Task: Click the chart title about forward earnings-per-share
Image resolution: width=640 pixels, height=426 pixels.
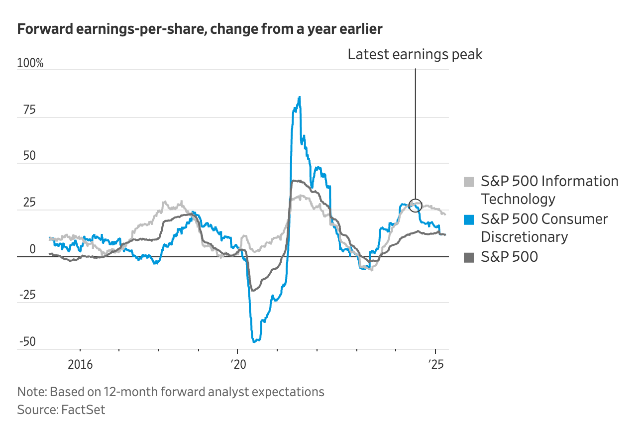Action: point(200,29)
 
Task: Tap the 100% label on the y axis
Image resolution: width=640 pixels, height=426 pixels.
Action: point(30,63)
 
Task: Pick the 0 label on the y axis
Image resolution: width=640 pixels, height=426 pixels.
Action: point(32,249)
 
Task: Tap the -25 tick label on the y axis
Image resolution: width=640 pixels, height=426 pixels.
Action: point(27,296)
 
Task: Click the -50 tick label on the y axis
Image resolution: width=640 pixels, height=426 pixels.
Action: point(27,342)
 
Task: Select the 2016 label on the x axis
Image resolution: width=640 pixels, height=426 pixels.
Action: point(80,364)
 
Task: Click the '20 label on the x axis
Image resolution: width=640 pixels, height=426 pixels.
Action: point(238,364)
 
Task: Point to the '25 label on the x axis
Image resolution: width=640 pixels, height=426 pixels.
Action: point(435,364)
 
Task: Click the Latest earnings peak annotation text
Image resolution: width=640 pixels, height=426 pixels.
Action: point(415,54)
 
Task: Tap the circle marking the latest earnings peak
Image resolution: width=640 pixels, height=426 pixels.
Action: point(416,205)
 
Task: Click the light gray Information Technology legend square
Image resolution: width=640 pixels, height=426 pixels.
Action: point(469,182)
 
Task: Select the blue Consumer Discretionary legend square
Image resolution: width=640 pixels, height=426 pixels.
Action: point(469,219)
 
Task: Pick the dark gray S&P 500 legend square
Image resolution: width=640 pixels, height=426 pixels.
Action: point(469,257)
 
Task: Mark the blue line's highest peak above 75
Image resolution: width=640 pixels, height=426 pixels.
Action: point(299,97)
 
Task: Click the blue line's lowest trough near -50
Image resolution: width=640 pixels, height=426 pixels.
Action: point(254,341)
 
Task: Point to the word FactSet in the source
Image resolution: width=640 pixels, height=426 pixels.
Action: point(83,410)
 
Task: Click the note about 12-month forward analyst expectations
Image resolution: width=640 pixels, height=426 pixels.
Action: point(171,392)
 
